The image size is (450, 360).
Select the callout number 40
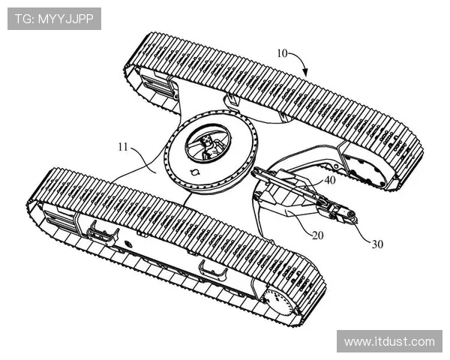coord(329,181)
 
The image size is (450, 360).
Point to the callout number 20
coord(318,235)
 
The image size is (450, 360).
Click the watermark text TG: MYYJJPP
coord(54,19)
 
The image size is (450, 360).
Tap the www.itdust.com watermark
coord(389,341)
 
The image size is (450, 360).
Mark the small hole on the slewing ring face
coord(197,172)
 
